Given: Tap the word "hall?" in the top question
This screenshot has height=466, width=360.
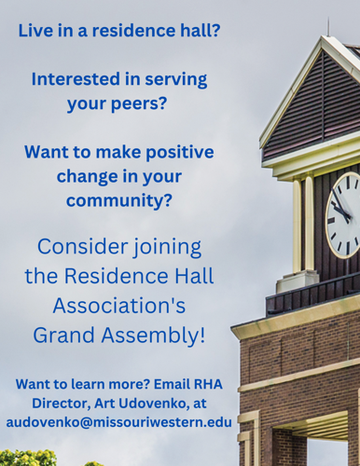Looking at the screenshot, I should [x=195, y=31].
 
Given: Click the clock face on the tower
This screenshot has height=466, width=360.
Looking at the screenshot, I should [x=343, y=215].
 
